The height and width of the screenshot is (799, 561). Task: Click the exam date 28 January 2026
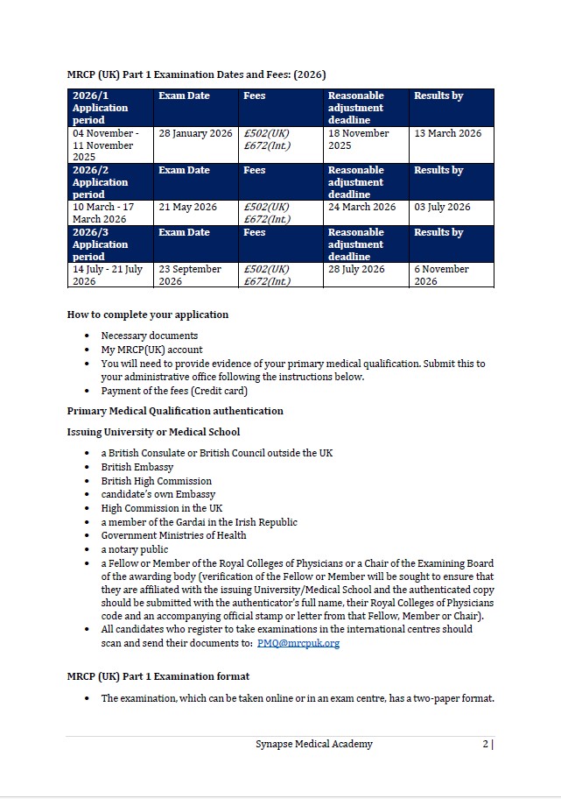tap(195, 133)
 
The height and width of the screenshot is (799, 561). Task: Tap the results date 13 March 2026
tap(447, 133)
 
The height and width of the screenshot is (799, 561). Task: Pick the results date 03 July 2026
tap(442, 208)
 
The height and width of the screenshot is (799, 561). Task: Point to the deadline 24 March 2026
tap(361, 208)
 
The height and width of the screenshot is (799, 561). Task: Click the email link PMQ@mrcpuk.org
tap(298, 643)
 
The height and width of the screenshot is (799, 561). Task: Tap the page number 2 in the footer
tap(485, 744)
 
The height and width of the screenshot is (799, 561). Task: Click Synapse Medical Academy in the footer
tap(314, 744)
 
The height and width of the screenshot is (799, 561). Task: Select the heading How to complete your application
tap(148, 315)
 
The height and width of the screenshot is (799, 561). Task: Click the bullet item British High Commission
tap(156, 481)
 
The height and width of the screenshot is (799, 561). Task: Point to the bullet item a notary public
tap(135, 549)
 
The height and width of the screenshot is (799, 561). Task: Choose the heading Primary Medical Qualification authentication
tap(175, 411)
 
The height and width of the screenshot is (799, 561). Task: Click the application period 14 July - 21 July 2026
tap(107, 275)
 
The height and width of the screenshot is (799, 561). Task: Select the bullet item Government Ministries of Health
tap(173, 535)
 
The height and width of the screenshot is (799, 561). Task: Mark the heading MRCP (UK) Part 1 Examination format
tap(158, 676)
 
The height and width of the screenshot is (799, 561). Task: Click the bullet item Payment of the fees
tap(174, 391)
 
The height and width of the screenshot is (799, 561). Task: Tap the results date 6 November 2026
tap(441, 275)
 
